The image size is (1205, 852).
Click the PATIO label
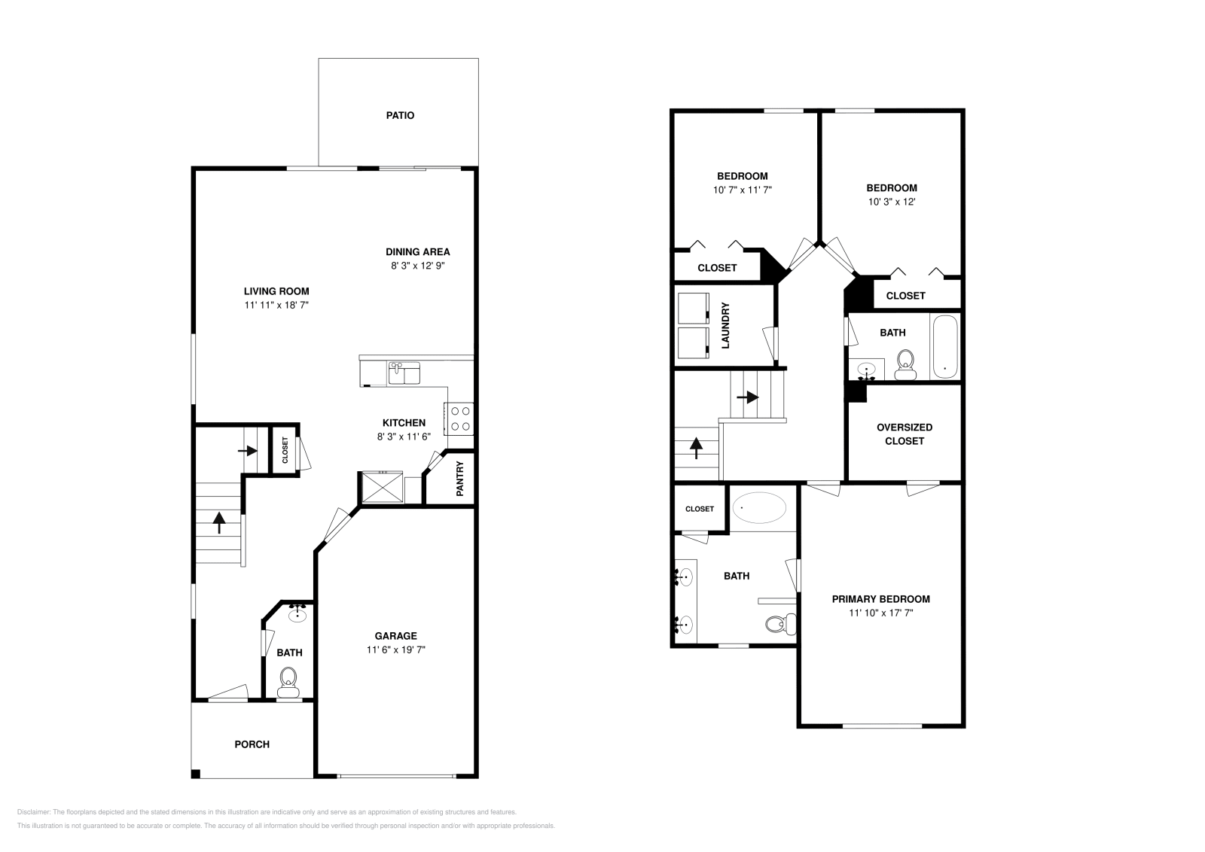[x=400, y=116]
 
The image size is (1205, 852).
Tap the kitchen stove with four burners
[x=459, y=418]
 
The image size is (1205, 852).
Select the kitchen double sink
[x=404, y=373]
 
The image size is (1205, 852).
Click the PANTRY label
[x=460, y=479]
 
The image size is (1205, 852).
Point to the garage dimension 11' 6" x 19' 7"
[x=396, y=650]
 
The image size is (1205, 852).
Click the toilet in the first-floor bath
[x=288, y=682]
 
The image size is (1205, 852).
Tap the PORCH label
[x=252, y=744]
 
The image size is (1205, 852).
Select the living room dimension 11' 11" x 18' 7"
[x=276, y=305]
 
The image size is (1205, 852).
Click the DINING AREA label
[x=417, y=252]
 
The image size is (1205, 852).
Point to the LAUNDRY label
[x=726, y=325]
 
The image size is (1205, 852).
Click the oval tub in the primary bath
[x=759, y=508]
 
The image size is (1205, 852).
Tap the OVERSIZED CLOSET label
[x=904, y=434]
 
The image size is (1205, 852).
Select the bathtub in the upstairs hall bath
[x=944, y=347]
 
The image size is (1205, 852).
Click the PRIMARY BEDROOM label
[x=880, y=599]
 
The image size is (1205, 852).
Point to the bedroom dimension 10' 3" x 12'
[x=892, y=202]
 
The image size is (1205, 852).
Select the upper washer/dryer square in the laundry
[x=694, y=307]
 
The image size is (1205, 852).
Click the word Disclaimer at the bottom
[x=33, y=812]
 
